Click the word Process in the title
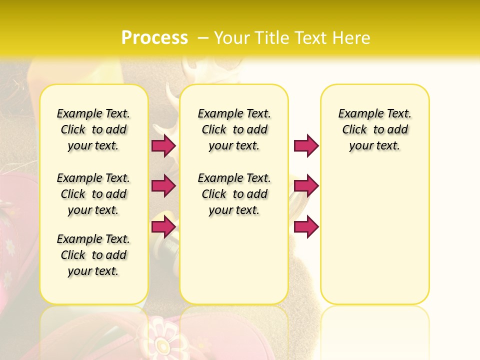pyautogui.click(x=154, y=38)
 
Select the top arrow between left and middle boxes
pyautogui.click(x=163, y=145)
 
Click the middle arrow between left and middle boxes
pyautogui.click(x=163, y=186)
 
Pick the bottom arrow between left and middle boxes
pyautogui.click(x=163, y=227)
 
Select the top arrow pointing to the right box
pyautogui.click(x=306, y=145)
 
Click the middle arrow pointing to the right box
pyautogui.click(x=306, y=186)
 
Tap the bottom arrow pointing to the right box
pyautogui.click(x=306, y=227)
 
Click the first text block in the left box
pyautogui.click(x=93, y=129)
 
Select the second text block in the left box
pyautogui.click(x=93, y=194)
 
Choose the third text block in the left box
pyautogui.click(x=93, y=255)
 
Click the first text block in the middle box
pyautogui.click(x=234, y=129)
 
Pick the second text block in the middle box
pyautogui.click(x=234, y=194)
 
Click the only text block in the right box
pyautogui.click(x=374, y=129)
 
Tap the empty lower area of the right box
pyautogui.click(x=374, y=240)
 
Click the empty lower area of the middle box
pyautogui.click(x=234, y=260)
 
